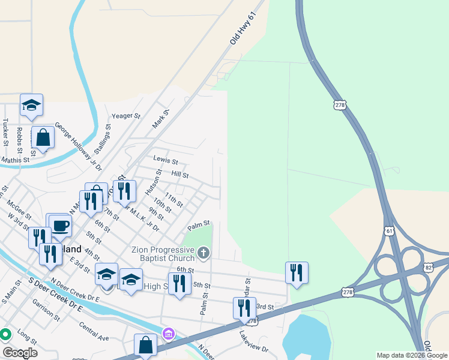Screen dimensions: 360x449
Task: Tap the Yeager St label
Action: coord(125,115)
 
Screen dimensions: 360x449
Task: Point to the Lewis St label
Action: coord(166,161)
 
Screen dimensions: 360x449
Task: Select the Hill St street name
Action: coord(180,175)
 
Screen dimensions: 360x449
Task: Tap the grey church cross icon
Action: coord(204,254)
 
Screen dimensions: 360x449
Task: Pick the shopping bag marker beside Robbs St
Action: coord(43,137)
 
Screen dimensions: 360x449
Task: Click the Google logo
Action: coord(20,353)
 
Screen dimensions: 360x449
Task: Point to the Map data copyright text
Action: coord(412,355)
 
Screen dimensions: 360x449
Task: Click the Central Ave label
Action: coord(94,331)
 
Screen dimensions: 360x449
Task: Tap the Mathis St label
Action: coord(15,160)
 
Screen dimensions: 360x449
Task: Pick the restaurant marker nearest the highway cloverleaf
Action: coord(297,272)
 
